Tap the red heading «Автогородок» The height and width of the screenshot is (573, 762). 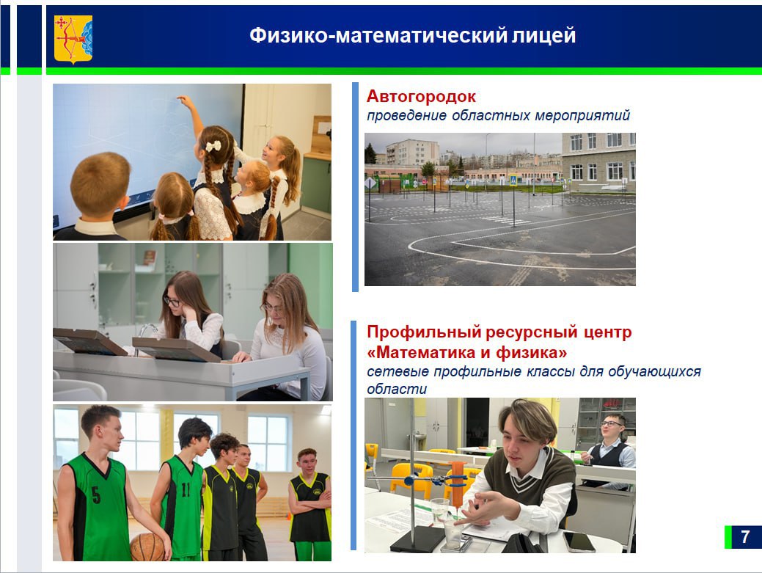(421, 96)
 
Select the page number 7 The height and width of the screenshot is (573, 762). (744, 537)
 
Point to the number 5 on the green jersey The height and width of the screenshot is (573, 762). (96, 495)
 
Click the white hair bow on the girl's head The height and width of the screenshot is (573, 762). (213, 145)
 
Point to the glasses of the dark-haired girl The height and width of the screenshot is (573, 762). (172, 301)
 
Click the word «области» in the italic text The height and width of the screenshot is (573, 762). (396, 389)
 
